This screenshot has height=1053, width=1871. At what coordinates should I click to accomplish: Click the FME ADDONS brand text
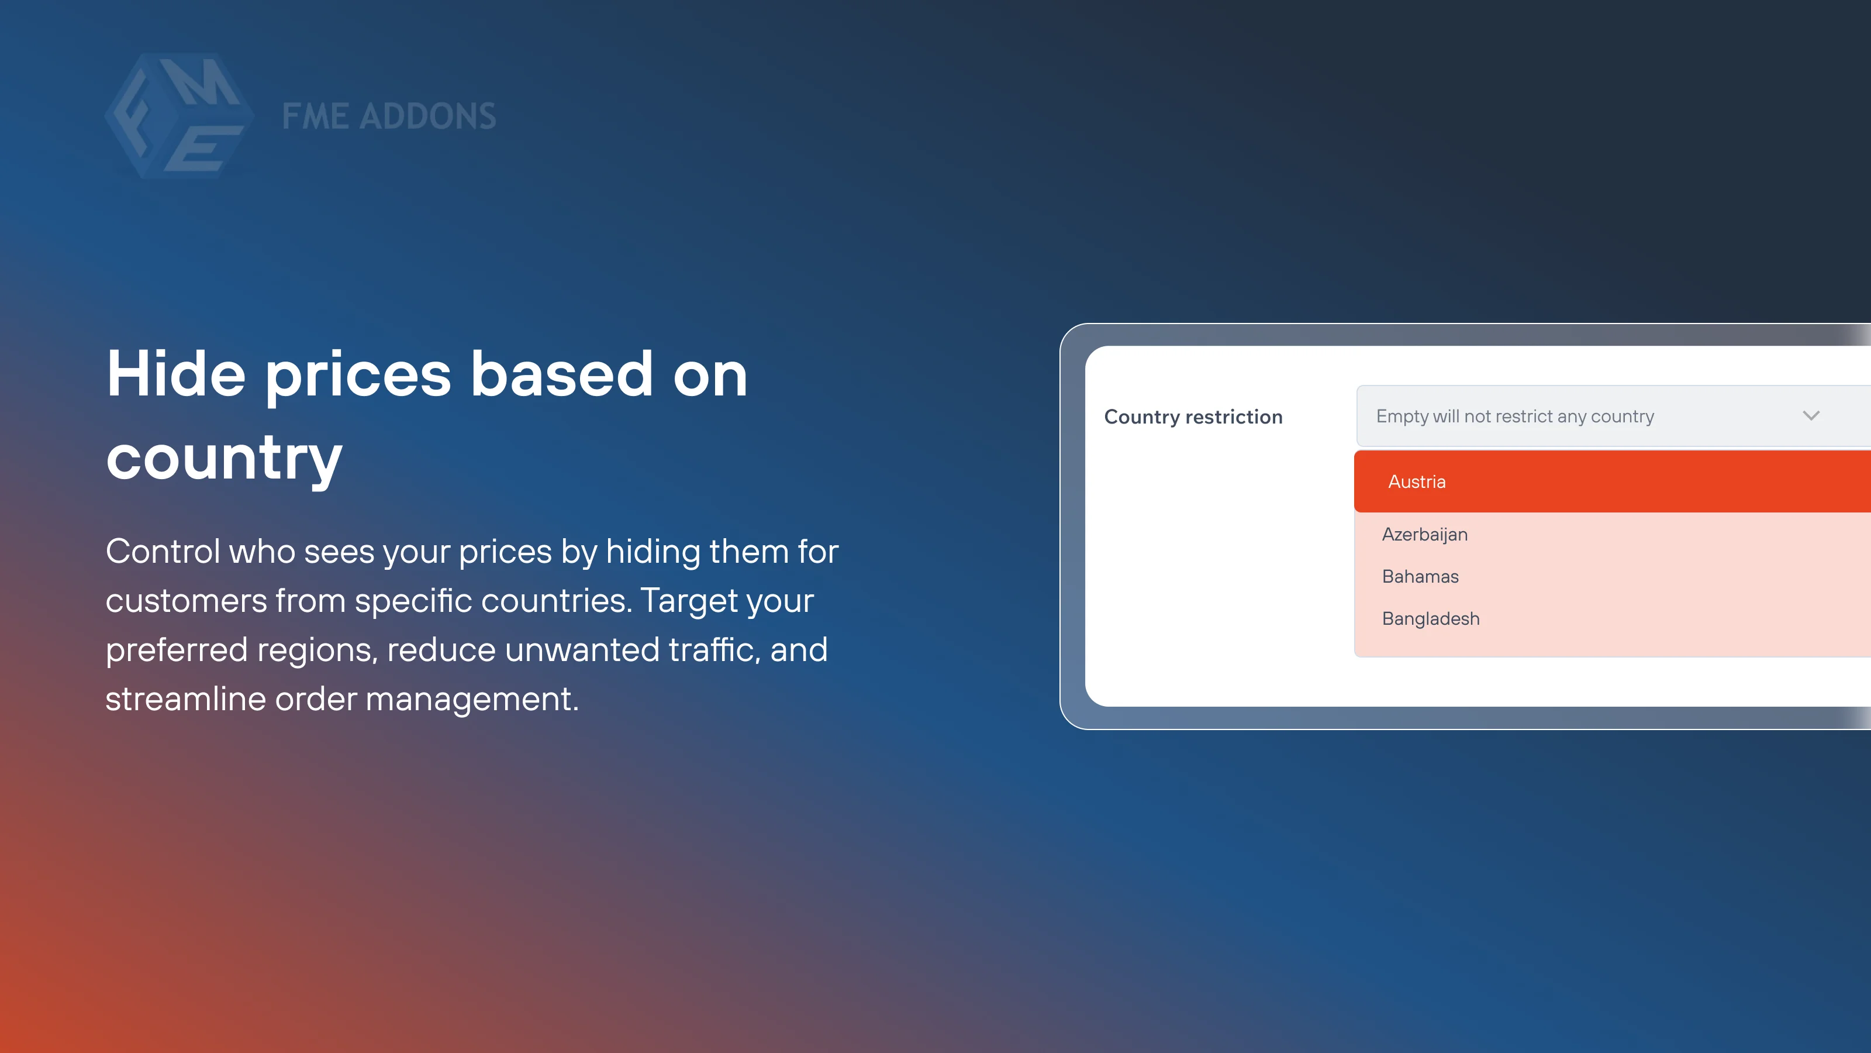389,116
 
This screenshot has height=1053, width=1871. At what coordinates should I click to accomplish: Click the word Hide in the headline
176,374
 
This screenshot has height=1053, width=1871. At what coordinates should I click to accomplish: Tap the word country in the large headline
224,458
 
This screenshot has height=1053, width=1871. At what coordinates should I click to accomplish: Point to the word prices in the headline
358,376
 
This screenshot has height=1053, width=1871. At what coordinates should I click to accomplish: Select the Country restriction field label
1193,417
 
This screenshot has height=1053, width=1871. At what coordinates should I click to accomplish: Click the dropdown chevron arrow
1810,416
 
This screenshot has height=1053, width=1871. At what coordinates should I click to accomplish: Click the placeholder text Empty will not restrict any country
1514,417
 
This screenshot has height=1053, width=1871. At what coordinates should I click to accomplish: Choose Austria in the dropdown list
1416,482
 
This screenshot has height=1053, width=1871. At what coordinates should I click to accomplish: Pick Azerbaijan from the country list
1424,535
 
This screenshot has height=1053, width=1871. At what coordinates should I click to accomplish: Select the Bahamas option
1420,577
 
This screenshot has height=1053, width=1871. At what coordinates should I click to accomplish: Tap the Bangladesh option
1430,619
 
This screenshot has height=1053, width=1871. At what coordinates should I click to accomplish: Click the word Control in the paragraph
163,552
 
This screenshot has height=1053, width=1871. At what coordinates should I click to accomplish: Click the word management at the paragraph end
471,700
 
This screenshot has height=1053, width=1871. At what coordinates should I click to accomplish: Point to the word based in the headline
561,374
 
